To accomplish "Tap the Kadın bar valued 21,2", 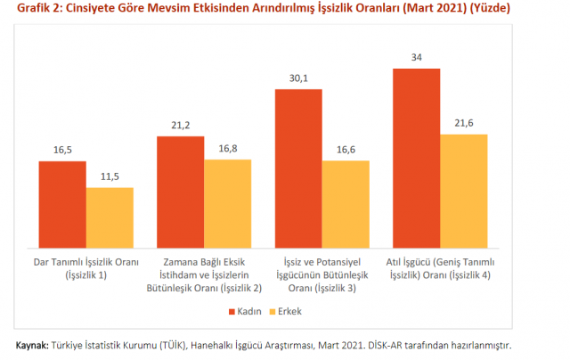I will (180, 192).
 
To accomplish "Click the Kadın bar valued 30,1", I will (298, 168).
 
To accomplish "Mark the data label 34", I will (416, 59).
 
